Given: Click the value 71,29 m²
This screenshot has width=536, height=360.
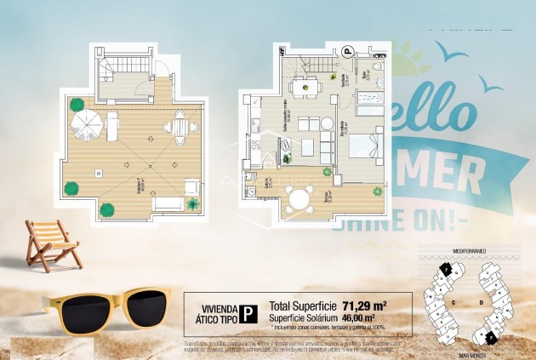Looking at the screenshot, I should point(365,305).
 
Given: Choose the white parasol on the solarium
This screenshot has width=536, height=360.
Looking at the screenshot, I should point(86,124).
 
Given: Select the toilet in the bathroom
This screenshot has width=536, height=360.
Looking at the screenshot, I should point(376,66).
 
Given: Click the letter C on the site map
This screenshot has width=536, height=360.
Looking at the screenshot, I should point(453,302).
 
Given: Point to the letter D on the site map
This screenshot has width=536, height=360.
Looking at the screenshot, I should point(481,302).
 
